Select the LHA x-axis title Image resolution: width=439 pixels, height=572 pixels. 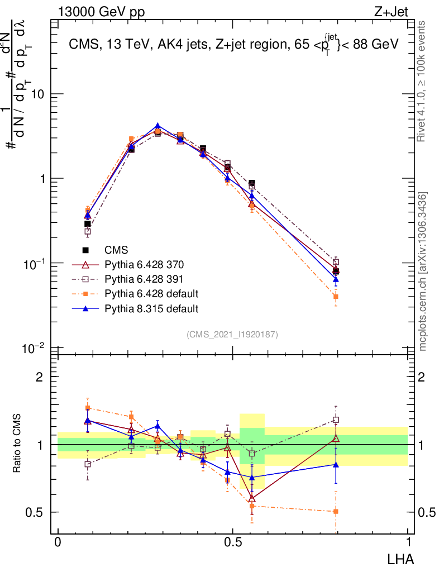(401, 558)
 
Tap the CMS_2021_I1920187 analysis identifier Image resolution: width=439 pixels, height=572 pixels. (232, 334)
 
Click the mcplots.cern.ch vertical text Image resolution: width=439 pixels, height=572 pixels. (423, 271)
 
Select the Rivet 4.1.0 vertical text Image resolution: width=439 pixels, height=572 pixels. (423, 82)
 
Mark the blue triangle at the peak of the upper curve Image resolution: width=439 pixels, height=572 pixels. (158, 126)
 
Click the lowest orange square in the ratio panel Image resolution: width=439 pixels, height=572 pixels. (336, 511)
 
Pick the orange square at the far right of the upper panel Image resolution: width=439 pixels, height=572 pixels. (336, 297)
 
